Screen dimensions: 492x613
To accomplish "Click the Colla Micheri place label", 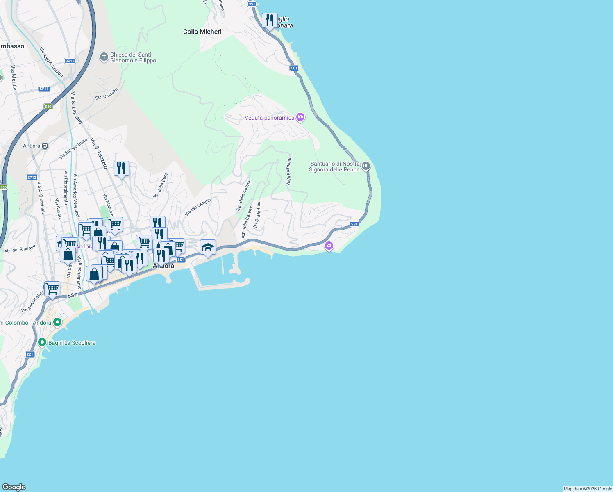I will pos(202,32).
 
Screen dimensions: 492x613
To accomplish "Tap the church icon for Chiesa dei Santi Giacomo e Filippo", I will pos(104,57).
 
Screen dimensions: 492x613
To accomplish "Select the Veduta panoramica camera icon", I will pos(300,118).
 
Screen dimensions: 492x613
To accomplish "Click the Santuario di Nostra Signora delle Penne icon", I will pos(366,166).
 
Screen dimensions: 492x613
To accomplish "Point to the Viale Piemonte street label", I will pos(289,171).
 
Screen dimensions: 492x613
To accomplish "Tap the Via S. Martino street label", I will pos(257,215).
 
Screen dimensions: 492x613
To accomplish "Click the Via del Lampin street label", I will pos(198,207).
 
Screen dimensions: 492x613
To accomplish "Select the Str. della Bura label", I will pos(161,186).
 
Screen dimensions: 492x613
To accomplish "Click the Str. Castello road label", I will pos(107,94).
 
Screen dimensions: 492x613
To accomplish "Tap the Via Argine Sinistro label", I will pos(52,62).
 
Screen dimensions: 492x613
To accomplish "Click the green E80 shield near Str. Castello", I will pos(48,107).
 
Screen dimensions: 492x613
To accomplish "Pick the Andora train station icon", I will pos(45,146).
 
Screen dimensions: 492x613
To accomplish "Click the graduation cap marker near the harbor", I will pos(208,247).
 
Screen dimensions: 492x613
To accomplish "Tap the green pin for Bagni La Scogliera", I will pos(42,342).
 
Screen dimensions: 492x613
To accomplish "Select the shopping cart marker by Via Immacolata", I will pos(52,289).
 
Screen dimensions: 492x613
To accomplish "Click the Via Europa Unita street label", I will pos(73,149).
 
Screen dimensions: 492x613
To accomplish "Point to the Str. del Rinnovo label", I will pos(20,248).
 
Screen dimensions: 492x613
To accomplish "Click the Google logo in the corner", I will pos(14,487).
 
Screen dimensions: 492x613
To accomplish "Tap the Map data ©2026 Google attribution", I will pos(588,489).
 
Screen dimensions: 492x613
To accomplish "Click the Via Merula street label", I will pos(14,77).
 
